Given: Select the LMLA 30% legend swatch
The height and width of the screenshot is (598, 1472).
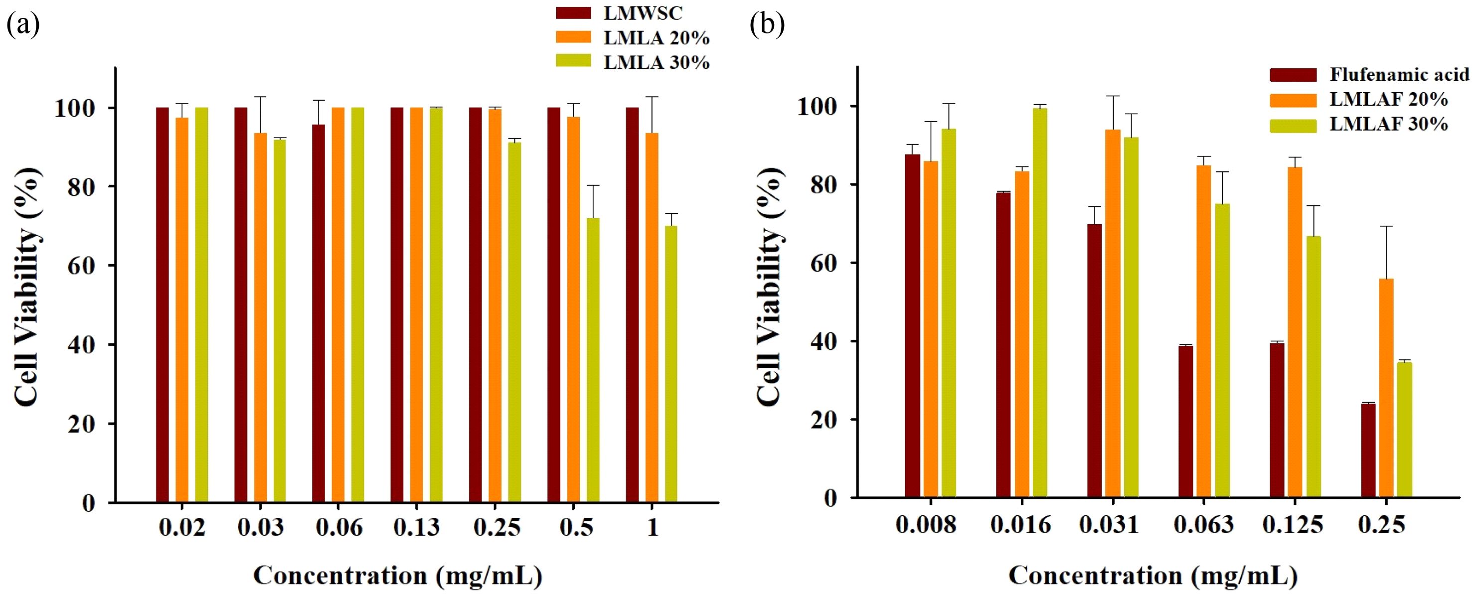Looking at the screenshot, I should tap(573, 62).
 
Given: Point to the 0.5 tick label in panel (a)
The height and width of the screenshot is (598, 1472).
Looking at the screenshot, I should tap(576, 527).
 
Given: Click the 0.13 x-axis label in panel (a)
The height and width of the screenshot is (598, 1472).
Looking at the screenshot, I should tap(417, 527).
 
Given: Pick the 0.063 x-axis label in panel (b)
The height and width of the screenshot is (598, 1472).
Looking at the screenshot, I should tap(1203, 524).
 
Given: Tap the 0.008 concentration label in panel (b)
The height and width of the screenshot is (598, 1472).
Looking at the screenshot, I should tap(926, 524).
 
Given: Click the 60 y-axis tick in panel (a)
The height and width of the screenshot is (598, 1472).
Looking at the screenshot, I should tap(81, 266).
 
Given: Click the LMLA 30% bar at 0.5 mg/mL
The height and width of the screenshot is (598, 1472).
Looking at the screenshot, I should tap(593, 360).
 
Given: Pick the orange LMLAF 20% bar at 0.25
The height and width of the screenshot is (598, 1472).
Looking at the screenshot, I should tap(1386, 388).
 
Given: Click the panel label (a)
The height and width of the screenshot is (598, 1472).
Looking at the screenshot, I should tap(23, 25).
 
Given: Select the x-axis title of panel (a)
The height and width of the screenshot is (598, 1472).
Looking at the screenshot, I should tap(398, 575).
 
